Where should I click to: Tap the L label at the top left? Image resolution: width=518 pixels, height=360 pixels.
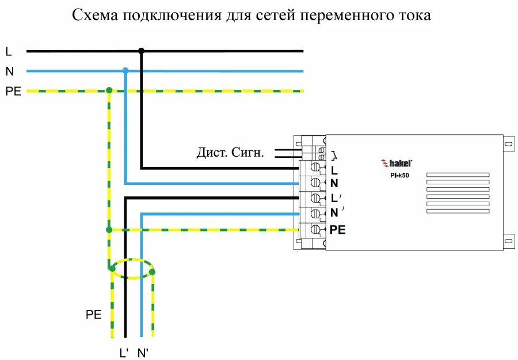(9, 51)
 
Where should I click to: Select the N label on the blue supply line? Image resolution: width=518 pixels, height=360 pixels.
(9, 71)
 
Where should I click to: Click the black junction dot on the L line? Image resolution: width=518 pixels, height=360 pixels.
(141, 51)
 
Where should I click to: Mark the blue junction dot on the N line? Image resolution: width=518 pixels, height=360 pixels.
(125, 71)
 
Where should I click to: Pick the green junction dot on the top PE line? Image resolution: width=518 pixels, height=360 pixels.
(109, 90)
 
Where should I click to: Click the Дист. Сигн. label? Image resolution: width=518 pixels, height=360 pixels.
(230, 153)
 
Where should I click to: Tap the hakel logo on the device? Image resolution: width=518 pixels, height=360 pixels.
(397, 164)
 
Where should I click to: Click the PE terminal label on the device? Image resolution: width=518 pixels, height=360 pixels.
(338, 229)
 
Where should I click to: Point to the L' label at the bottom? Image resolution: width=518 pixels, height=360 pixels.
(124, 353)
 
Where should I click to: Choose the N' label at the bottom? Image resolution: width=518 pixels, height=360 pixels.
(143, 353)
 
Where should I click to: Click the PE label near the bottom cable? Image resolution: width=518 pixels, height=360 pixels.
(93, 314)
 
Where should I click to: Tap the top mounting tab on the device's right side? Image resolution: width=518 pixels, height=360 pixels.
(508, 142)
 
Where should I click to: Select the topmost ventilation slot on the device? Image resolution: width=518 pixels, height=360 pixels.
(458, 175)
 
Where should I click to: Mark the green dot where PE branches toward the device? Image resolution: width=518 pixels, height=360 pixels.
(109, 230)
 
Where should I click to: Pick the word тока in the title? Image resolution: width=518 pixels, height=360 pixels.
(414, 16)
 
